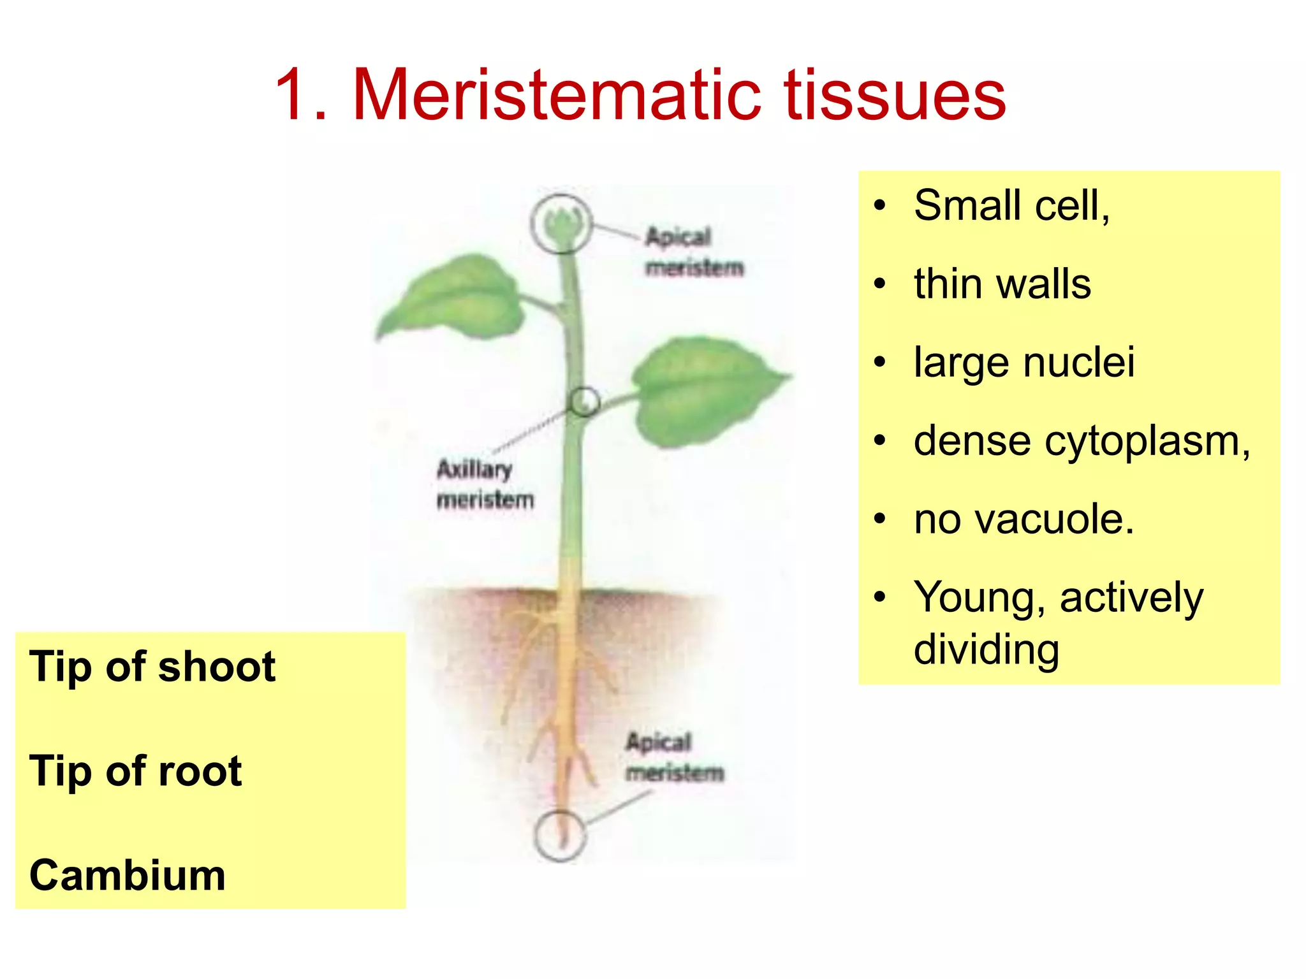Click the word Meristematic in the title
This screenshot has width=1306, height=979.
pos(556,96)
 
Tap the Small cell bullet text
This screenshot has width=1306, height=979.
pos(1011,206)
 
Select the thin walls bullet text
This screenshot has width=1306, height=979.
pos(1002,284)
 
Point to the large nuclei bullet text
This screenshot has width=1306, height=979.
pos(1024,362)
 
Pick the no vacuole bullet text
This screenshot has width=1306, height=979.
pos(1024,519)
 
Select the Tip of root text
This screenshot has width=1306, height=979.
pos(135,771)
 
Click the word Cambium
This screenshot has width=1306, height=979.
pos(128,875)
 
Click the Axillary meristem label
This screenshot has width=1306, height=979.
pos(485,484)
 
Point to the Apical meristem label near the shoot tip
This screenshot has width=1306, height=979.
pos(694,252)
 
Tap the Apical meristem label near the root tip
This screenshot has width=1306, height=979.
pos(675,757)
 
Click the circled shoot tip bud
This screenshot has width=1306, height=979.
pos(561,224)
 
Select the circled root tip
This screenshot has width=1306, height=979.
pos(560,836)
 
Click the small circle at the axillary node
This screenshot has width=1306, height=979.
pos(584,402)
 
